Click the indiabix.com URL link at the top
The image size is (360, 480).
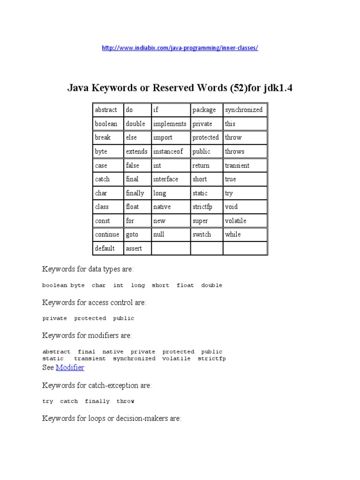coord(180,48)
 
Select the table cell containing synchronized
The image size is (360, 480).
coord(245,110)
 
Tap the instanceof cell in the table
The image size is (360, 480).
coord(170,151)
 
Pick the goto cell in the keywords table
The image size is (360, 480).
coord(137,234)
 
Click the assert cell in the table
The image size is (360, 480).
coord(137,248)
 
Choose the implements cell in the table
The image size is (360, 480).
coord(170,124)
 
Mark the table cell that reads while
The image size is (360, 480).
coord(245,234)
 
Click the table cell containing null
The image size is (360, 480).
coord(170,234)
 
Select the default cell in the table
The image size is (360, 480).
coord(107,248)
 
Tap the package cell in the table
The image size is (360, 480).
coord(206,110)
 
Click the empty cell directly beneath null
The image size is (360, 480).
coord(170,248)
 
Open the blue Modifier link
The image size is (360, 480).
coord(70,368)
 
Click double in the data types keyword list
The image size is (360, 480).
coord(211,285)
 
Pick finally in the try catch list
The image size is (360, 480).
coord(97,401)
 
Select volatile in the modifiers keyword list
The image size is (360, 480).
coord(176,359)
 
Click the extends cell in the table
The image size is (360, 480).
coord(137,151)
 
